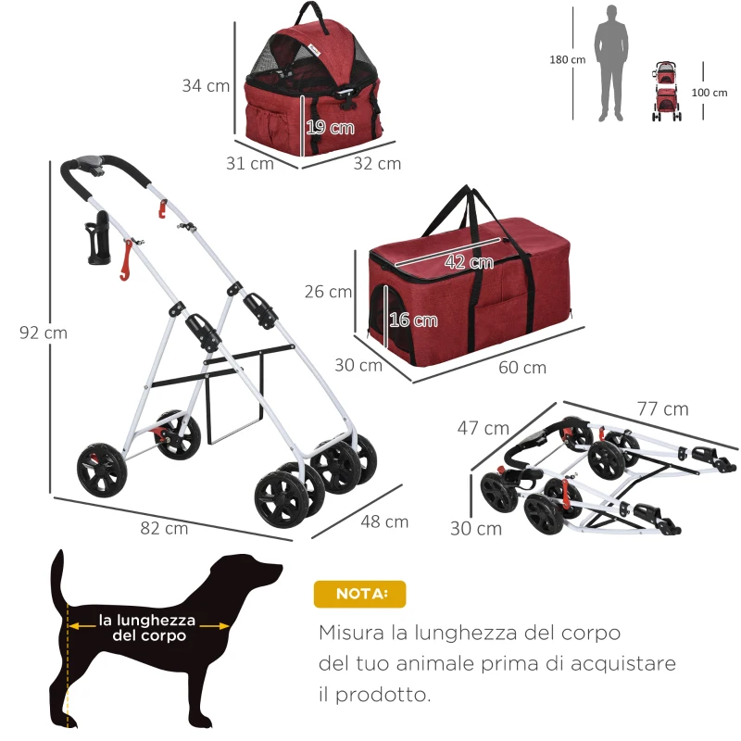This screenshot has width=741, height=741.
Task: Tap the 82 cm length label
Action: pyautogui.click(x=165, y=528)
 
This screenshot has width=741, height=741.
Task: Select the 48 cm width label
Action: pyautogui.click(x=384, y=521)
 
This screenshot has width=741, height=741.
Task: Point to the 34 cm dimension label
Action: pyautogui.click(x=206, y=86)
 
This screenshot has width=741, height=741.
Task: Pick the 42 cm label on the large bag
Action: pyautogui.click(x=469, y=262)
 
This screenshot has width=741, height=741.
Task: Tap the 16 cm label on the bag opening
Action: pyautogui.click(x=413, y=320)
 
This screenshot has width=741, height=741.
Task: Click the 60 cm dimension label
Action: pyautogui.click(x=522, y=367)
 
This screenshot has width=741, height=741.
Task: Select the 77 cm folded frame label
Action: pyautogui.click(x=662, y=408)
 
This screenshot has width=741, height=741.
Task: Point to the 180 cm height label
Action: pyautogui.click(x=567, y=59)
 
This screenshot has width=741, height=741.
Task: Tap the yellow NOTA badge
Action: pyautogui.click(x=358, y=594)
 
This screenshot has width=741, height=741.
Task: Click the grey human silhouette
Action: pyautogui.click(x=610, y=62)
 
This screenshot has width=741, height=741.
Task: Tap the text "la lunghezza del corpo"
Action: pyautogui.click(x=148, y=627)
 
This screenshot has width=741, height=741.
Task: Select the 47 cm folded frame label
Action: pyautogui.click(x=482, y=428)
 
